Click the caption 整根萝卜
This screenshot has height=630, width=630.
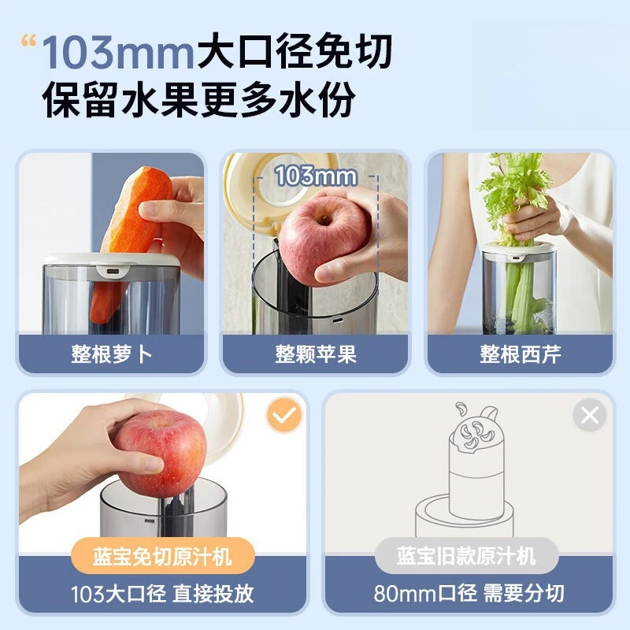coord(111,354)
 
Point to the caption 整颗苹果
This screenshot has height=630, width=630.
coord(316,354)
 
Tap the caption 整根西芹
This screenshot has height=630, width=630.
coord(521,354)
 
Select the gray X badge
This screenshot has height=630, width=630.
coord(590,415)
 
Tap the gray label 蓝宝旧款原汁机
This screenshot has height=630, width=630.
coord(466,557)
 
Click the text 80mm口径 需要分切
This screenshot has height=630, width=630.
coord(468,593)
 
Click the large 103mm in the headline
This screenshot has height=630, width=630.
coord(118,54)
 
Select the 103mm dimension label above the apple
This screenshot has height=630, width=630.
coord(316,176)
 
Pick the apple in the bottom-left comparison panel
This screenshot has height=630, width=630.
coord(161,453)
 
